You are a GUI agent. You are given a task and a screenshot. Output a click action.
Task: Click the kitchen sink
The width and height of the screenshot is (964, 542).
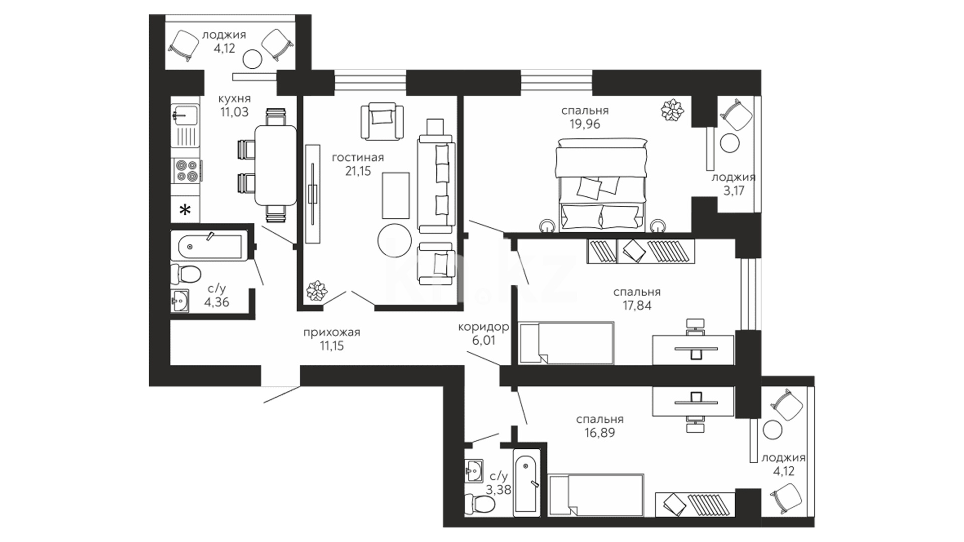pyautogui.click(x=185, y=114)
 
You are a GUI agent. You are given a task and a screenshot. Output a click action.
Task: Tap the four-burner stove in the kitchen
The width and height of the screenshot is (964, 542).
pyautogui.click(x=186, y=170)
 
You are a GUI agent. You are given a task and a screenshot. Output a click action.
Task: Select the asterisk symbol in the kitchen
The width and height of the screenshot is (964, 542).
pyautogui.click(x=186, y=210)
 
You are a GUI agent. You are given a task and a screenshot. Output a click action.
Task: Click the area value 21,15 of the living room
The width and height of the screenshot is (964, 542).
pyautogui.click(x=358, y=171)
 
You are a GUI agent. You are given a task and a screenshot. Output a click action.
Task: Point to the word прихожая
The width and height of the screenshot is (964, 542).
pyautogui.click(x=332, y=332)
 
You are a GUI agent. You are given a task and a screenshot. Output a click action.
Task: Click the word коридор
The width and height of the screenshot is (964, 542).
pyautogui.click(x=484, y=327)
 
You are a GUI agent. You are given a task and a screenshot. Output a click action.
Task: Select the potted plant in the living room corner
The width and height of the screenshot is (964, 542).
pyautogui.click(x=317, y=291)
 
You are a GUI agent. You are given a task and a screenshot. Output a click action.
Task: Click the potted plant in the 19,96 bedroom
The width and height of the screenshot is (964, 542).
pyautogui.click(x=672, y=110)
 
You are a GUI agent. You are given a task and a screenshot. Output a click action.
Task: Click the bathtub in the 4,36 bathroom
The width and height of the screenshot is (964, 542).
pyautogui.click(x=209, y=246)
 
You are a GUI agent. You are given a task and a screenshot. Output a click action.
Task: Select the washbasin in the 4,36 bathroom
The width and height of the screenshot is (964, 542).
pyautogui.click(x=180, y=301)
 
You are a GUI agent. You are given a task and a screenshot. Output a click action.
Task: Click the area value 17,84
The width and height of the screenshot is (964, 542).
pyautogui.click(x=637, y=305)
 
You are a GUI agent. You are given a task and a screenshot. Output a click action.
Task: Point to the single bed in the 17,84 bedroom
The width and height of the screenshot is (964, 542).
pyautogui.click(x=567, y=343)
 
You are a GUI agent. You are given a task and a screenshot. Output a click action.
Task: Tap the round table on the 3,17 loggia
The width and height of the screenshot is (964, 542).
pyautogui.click(x=730, y=143)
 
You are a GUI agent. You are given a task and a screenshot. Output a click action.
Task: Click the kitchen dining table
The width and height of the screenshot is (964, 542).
pyautogui.click(x=276, y=166)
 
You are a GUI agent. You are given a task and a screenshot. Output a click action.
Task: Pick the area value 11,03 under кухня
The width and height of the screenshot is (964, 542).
pyautogui.click(x=234, y=112)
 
